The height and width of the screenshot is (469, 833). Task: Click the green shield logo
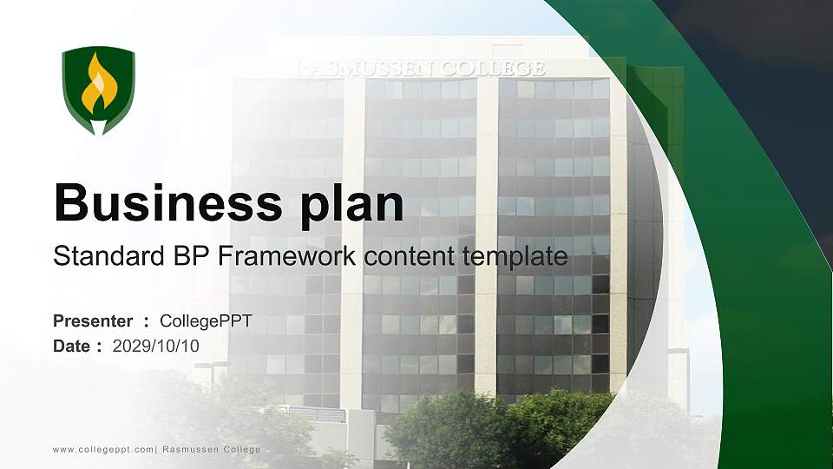coord(98,89)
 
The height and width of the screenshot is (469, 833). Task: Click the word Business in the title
coord(167,202)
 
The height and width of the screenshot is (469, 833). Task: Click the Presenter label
coord(93,320)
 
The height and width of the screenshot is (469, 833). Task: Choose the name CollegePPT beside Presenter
coord(206,321)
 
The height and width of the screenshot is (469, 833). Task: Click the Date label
coord(71,346)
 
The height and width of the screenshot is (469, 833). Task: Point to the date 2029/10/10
coord(155,346)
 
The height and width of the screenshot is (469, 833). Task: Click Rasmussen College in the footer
coord(212,449)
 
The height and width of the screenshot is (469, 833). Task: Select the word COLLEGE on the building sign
coord(493,69)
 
